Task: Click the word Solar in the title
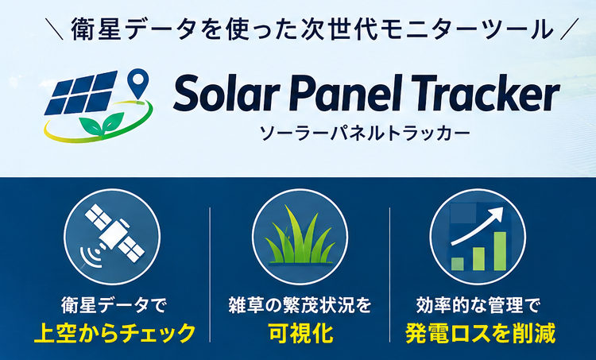(226, 92)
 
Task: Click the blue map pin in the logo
(137, 83)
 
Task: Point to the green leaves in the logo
(102, 124)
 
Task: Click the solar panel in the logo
(80, 93)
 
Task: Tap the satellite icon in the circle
(114, 233)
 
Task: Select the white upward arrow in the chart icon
(477, 227)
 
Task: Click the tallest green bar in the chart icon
(500, 251)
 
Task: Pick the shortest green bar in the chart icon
(457, 264)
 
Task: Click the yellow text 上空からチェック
(114, 333)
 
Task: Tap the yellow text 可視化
(300, 333)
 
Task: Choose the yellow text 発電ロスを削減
(481, 333)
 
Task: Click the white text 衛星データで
(114, 305)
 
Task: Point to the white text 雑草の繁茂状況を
(300, 305)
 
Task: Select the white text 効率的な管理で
(478, 305)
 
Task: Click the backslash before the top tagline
(53, 29)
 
